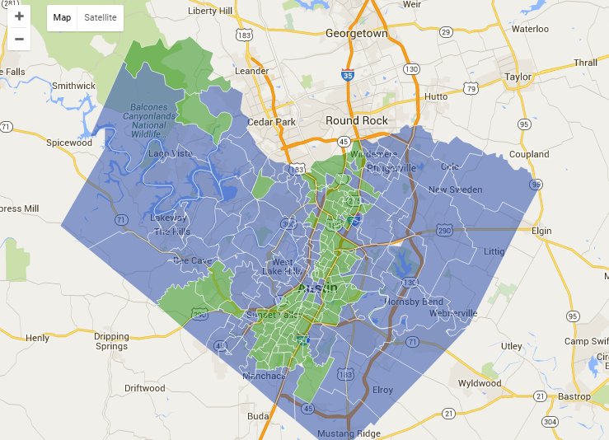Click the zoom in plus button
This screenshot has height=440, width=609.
tap(19, 16)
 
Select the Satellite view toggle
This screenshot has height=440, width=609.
tap(101, 17)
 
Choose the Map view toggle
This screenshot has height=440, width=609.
tap(62, 17)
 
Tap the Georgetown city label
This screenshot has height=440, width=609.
tap(356, 34)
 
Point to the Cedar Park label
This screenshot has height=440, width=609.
tap(273, 122)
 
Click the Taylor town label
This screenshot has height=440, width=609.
tap(518, 77)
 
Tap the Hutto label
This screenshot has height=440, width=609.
tap(436, 96)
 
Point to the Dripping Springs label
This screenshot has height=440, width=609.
tap(111, 341)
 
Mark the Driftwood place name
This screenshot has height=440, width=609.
tap(145, 388)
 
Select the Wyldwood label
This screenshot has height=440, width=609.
tap(480, 383)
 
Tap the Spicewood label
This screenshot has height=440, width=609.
tap(69, 143)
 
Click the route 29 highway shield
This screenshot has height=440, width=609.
tap(446, 32)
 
